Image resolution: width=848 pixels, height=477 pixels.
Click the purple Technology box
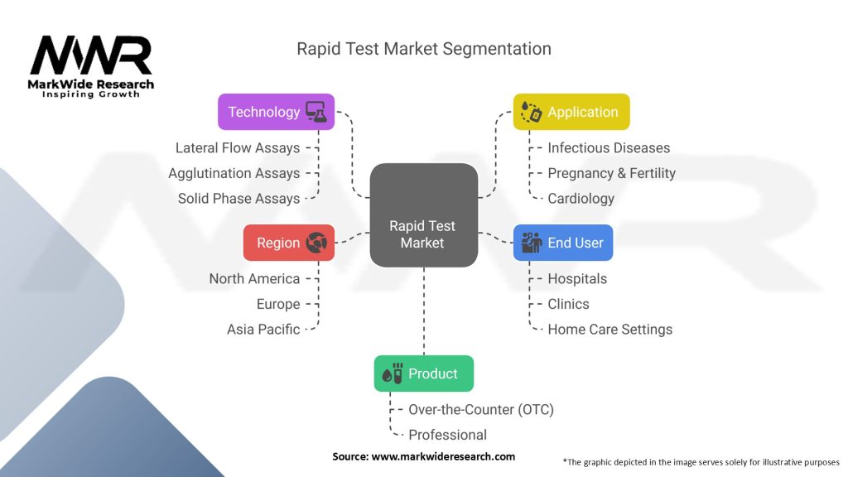pyautogui.click(x=277, y=112)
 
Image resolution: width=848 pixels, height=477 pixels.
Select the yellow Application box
pyautogui.click(x=571, y=112)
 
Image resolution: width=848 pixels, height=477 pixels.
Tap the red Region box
pyautogui.click(x=289, y=243)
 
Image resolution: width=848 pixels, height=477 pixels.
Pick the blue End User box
pyautogui.click(x=563, y=243)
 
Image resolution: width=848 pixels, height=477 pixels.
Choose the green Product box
pyautogui.click(x=423, y=373)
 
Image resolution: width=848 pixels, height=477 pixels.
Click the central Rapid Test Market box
pyautogui.click(x=423, y=215)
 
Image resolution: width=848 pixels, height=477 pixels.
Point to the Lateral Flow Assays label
pyautogui.click(x=238, y=148)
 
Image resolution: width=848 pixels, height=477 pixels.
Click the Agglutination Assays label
pyautogui.click(x=234, y=173)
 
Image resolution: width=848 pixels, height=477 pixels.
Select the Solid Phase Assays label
pyautogui.click(x=238, y=199)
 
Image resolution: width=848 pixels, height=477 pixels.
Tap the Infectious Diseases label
pyautogui.click(x=609, y=148)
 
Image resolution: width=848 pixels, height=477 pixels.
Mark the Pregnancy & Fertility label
pyautogui.click(x=611, y=173)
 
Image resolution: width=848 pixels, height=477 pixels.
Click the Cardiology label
pyautogui.click(x=581, y=199)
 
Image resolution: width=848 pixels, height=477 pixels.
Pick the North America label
pyautogui.click(x=254, y=279)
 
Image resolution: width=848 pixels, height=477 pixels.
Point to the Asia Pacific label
pyautogui.click(x=263, y=330)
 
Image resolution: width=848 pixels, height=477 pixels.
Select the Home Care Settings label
pyautogui.click(x=609, y=330)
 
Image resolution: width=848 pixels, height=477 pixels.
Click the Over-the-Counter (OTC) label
pyautogui.click(x=481, y=410)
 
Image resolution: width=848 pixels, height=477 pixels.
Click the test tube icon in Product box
pyautogui.click(x=392, y=373)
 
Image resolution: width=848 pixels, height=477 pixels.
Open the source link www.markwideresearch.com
pyautogui.click(x=443, y=456)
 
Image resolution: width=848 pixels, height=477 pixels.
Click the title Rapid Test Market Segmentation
pyautogui.click(x=423, y=49)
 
